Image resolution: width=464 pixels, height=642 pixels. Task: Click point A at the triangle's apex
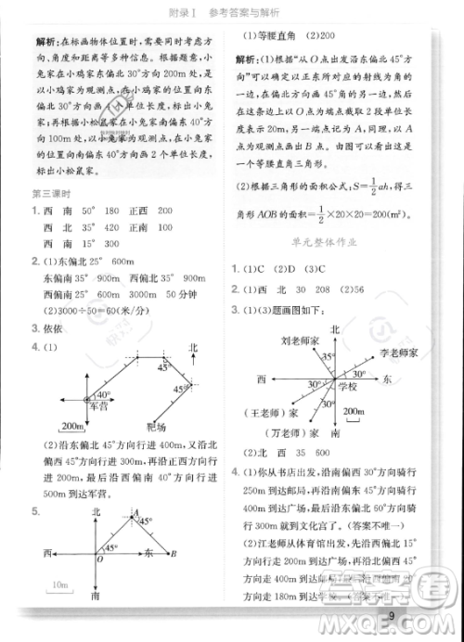pyautogui.click(x=135, y=514)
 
